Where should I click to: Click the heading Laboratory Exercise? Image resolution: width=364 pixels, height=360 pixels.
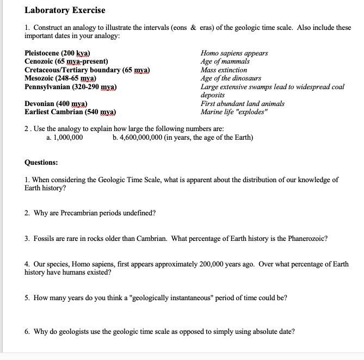click(65, 10)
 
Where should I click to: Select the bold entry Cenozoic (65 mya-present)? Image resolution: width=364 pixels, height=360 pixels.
click(66, 61)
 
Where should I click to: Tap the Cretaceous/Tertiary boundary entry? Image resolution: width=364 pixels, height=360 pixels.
click(87, 70)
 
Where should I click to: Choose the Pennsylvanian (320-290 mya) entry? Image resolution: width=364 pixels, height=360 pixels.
click(71, 86)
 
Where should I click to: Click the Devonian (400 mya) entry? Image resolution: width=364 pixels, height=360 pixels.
click(57, 103)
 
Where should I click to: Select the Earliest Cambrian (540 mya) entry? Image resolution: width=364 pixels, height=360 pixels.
click(70, 111)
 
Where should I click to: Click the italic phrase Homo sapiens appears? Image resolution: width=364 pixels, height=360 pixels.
click(234, 53)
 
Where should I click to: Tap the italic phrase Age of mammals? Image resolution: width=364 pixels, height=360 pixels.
click(225, 61)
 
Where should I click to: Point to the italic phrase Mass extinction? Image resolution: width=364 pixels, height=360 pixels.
click(224, 70)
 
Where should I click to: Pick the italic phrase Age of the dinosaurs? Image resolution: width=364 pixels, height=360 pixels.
click(231, 78)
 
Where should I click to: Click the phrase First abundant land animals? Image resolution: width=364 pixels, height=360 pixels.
click(242, 103)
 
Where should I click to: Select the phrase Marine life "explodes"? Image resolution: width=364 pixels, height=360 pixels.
click(235, 111)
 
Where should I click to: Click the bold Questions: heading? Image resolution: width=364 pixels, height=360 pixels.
click(41, 162)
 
